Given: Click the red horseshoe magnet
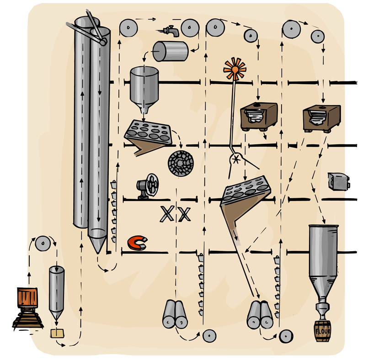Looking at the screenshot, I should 137,243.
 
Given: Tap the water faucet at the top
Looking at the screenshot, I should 170,31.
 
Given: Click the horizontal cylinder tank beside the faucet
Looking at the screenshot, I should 170,51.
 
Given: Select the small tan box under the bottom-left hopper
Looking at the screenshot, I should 57,333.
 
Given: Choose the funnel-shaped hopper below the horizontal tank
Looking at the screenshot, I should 144,89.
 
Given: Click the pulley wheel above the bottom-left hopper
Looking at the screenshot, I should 43,244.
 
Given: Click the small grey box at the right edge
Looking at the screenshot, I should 340,181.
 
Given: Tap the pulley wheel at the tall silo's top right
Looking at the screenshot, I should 128,29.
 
